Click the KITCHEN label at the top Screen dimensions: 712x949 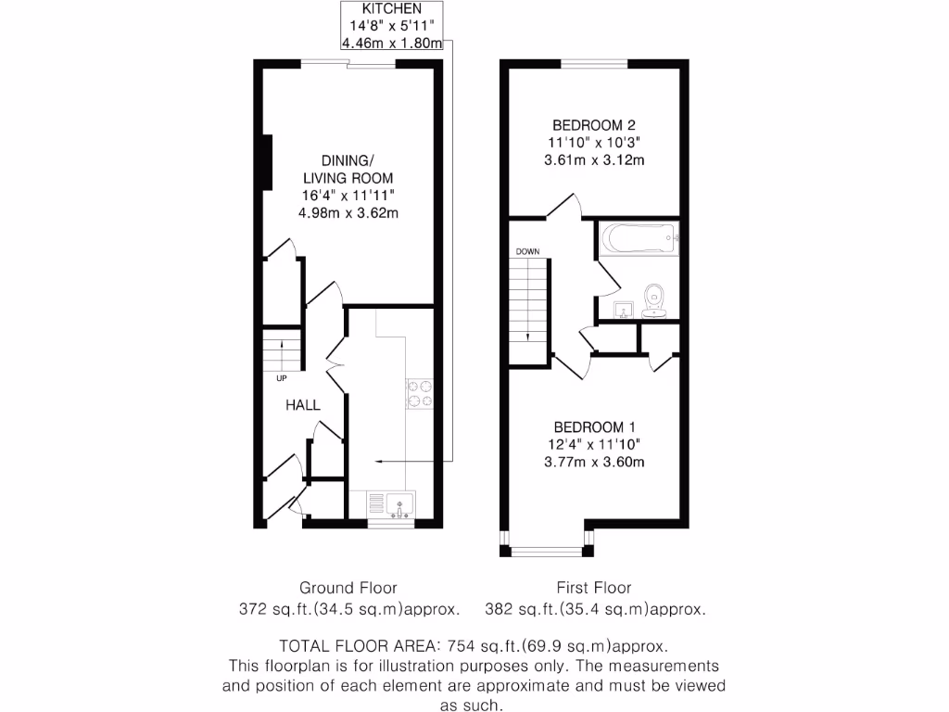click(x=390, y=9)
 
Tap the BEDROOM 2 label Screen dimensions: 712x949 click(x=594, y=125)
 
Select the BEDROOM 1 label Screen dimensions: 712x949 click(x=594, y=427)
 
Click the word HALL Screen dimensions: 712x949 click(x=302, y=405)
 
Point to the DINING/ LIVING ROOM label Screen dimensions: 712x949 click(x=348, y=169)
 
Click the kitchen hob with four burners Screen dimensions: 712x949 click(x=420, y=393)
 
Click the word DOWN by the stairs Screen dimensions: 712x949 click(x=527, y=251)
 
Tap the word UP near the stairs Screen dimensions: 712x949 click(x=281, y=378)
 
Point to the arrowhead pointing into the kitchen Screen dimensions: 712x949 click(x=378, y=460)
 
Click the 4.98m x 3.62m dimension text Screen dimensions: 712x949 click(x=348, y=212)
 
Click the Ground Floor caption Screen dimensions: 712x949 click(x=348, y=588)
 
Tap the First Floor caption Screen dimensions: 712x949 click(x=594, y=588)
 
